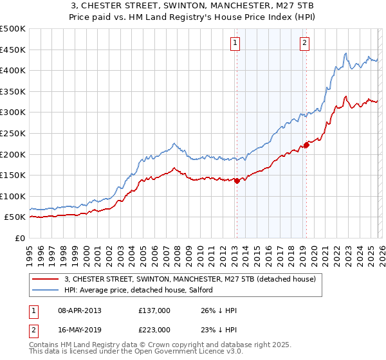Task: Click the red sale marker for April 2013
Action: coord(237,181)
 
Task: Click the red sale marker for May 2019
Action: coord(306,145)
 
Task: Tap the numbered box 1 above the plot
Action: coord(235,44)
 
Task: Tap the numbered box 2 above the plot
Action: coord(304,44)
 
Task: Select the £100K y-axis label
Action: coord(13,196)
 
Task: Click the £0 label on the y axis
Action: coord(20,238)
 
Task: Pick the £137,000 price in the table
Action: coord(154,310)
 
